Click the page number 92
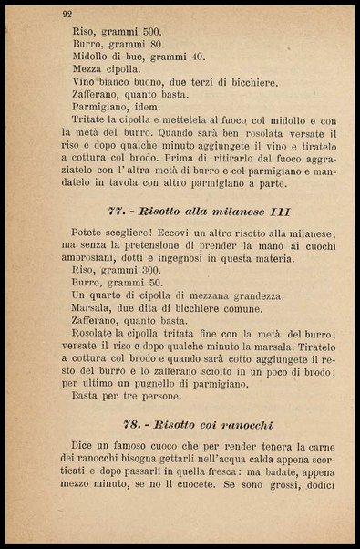67,14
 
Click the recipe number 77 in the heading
116,210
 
